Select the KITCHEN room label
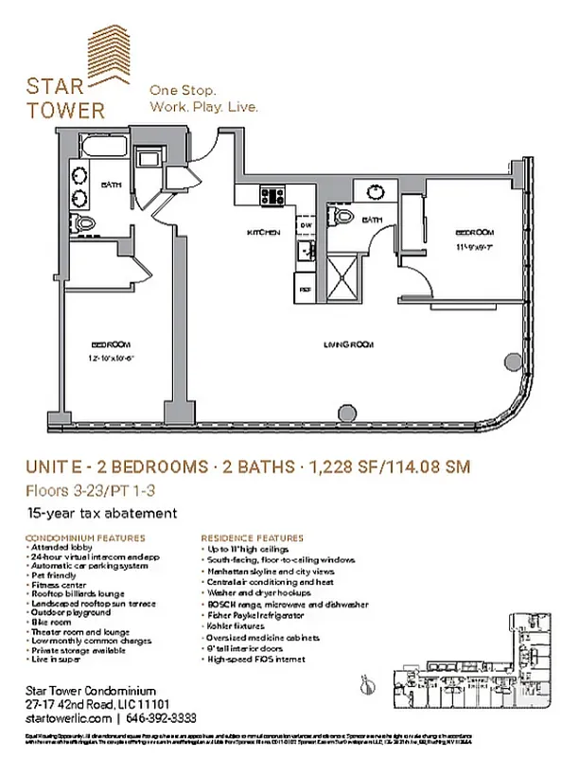[263, 233]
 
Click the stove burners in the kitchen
[273, 196]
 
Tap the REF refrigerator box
[305, 290]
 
